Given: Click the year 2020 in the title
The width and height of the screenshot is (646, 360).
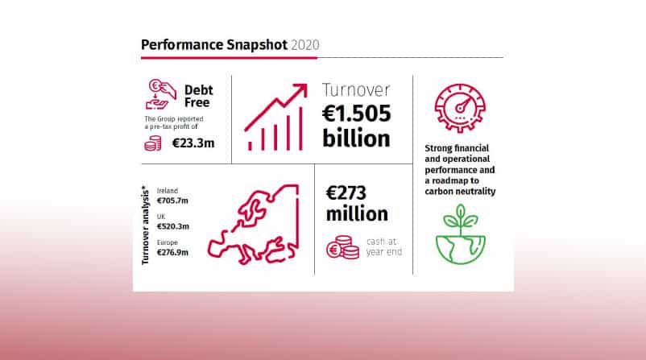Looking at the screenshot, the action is [x=304, y=45].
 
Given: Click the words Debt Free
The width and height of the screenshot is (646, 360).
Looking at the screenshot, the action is [x=198, y=96].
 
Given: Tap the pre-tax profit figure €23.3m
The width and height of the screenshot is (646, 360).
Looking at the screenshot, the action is [x=193, y=143].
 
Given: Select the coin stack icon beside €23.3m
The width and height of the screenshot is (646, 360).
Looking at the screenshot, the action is [x=153, y=143].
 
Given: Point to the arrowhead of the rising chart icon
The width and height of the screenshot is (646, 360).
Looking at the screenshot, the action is [x=302, y=89].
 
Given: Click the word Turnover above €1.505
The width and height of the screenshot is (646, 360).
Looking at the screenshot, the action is [x=356, y=89].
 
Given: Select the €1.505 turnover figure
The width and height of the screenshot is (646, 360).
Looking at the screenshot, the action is [x=356, y=114].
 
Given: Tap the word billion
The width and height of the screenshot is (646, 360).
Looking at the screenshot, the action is [x=356, y=138].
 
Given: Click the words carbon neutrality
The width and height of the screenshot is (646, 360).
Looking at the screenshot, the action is [x=460, y=191].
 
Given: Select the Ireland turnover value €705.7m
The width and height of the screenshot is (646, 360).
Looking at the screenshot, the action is [x=172, y=201].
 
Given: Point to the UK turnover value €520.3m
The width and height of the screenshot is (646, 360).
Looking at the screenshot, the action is [x=173, y=226].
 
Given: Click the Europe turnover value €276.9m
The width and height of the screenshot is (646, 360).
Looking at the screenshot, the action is [x=172, y=252].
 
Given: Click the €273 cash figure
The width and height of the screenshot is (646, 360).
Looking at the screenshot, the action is [x=346, y=192].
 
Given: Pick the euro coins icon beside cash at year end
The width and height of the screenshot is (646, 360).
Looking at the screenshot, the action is [x=343, y=247].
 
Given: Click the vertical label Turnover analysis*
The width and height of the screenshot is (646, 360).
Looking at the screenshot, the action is [x=145, y=225].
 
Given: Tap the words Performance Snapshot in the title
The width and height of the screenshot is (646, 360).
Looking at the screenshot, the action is [x=214, y=45].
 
